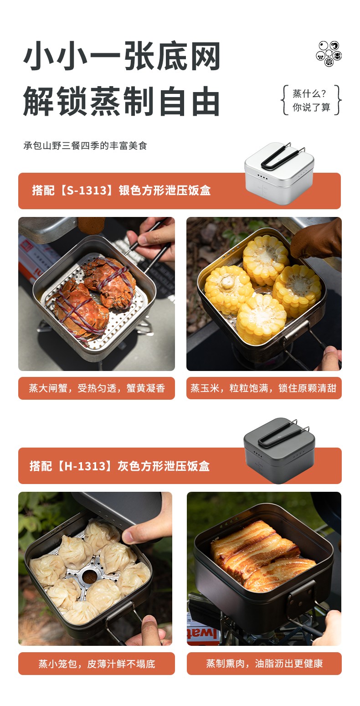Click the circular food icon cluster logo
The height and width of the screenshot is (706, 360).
point(329,54)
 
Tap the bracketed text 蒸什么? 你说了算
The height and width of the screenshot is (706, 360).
point(311,100)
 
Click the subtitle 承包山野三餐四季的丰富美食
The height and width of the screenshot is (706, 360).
point(85,145)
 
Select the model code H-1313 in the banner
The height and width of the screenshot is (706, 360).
point(85,466)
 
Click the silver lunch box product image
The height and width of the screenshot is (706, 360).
point(279,173)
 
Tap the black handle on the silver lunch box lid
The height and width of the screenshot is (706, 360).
point(282,155)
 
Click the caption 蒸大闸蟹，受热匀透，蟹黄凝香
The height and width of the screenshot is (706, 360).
point(97,388)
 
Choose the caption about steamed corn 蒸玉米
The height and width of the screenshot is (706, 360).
point(263,388)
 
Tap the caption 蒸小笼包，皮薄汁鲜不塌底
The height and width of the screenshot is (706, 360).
point(97,664)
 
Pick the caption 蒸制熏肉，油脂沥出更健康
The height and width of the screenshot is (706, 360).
point(264,664)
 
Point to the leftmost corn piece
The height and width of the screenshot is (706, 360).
point(228,289)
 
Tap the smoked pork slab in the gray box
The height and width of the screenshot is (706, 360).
point(262,556)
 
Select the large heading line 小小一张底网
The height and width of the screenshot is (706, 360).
point(122,56)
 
